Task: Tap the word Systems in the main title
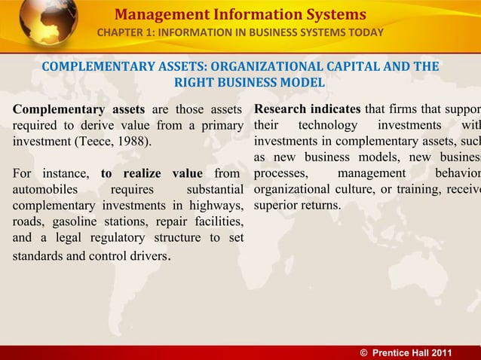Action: coord(330,14)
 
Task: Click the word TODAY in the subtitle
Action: coord(364,32)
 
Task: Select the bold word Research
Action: coord(282,107)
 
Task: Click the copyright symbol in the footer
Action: coord(365,352)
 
